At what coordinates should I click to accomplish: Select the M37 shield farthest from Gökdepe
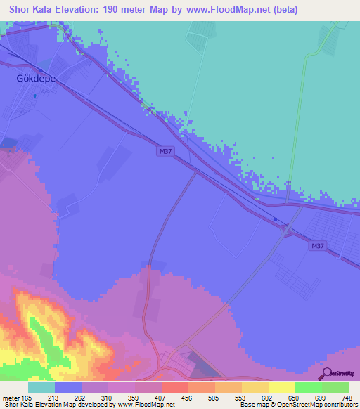click(317, 245)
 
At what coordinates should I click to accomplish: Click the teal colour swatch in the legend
click(41, 387)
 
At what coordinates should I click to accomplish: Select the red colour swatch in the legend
click(175, 387)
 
